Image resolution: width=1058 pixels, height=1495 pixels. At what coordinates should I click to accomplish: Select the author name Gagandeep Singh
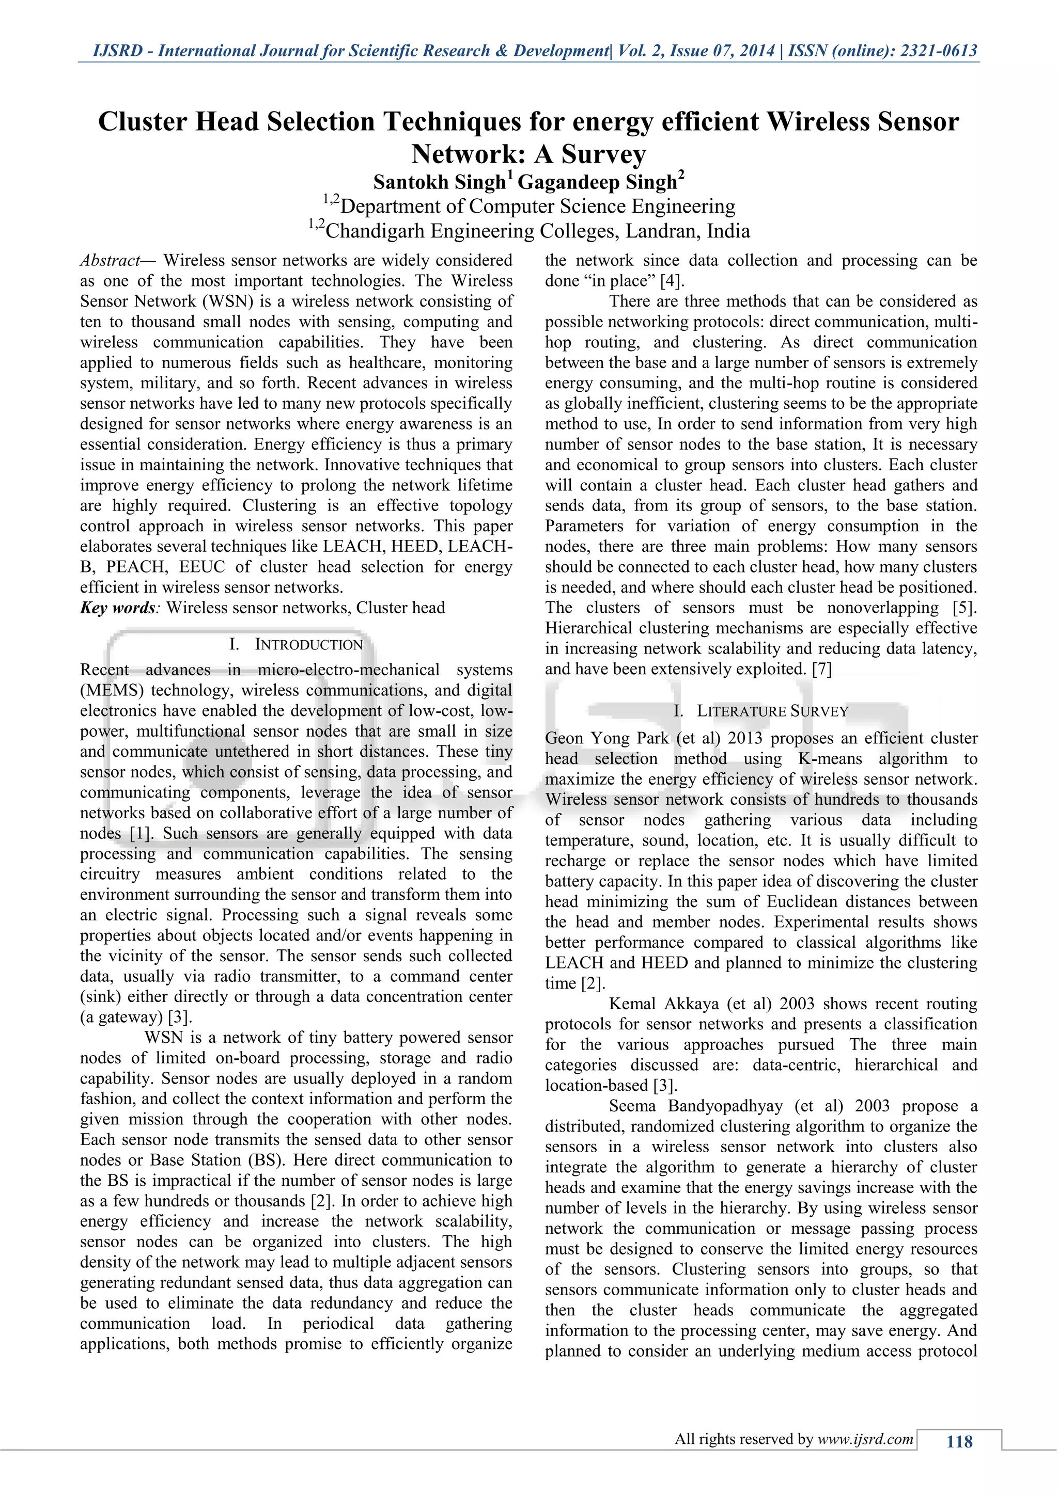click(x=597, y=182)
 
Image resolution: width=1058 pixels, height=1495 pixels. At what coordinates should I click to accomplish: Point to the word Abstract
click(x=109, y=261)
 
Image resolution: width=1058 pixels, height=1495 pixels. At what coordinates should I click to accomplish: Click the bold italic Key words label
click(x=117, y=608)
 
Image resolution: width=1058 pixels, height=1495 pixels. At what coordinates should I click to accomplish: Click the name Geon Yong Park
click(x=607, y=738)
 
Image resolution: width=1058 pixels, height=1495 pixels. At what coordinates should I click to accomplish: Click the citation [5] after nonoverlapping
click(x=965, y=608)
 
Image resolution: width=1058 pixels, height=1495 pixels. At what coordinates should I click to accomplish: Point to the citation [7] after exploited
click(x=821, y=670)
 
